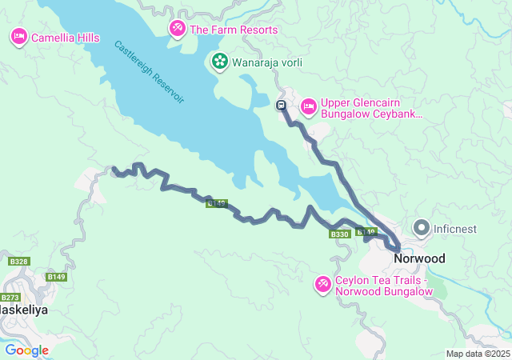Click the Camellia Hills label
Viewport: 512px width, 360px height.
pyautogui.click(x=65, y=37)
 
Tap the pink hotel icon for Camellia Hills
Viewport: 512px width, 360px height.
pyautogui.click(x=18, y=37)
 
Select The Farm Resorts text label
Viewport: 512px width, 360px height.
pyautogui.click(x=234, y=30)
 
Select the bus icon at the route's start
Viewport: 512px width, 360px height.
pyautogui.click(x=281, y=105)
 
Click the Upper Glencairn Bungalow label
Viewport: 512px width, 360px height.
pyautogui.click(x=370, y=109)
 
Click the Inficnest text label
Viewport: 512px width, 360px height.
pyautogui.click(x=455, y=229)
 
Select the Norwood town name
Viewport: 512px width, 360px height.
pyautogui.click(x=420, y=259)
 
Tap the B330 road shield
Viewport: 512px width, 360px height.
pyautogui.click(x=339, y=234)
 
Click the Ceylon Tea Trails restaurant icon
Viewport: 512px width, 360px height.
pyautogui.click(x=323, y=285)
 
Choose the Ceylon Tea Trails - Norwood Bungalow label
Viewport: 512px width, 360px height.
pyautogui.click(x=384, y=286)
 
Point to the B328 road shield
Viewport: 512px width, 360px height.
pyautogui.click(x=19, y=262)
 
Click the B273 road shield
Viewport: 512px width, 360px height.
pyautogui.click(x=10, y=298)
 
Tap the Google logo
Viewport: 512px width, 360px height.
pyautogui.click(x=26, y=350)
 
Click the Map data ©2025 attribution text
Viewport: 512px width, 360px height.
pyautogui.click(x=477, y=354)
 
